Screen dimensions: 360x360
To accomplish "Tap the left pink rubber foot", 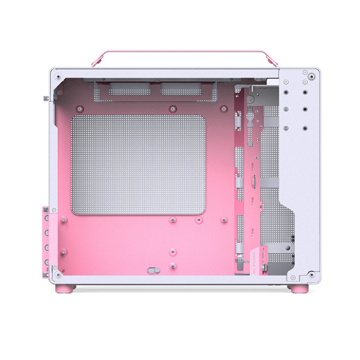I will [x=69, y=289].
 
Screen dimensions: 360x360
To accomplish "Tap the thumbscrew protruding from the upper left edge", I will [x=43, y=99].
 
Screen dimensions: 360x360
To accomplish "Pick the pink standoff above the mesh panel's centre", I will [x=173, y=107].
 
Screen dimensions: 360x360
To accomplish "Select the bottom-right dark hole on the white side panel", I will [x=305, y=128].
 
